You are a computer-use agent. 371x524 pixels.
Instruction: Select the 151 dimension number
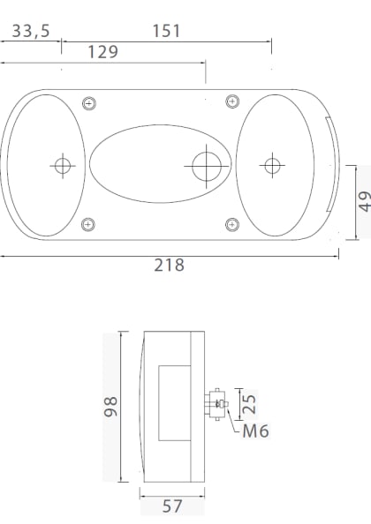[x=166, y=32]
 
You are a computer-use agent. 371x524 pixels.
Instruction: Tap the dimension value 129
[x=103, y=52]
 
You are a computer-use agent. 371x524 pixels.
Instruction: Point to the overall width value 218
[x=169, y=265]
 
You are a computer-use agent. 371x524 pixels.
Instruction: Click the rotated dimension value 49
[x=364, y=202]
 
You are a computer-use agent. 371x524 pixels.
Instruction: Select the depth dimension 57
[x=172, y=507]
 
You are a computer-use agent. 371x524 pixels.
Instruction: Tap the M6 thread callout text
[x=255, y=431]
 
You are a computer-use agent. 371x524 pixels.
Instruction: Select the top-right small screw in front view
[x=232, y=101]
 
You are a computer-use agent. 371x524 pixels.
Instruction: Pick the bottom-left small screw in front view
[x=87, y=224]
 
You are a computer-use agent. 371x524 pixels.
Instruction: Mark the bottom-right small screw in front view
[x=232, y=224]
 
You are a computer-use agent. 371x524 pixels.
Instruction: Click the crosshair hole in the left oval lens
[x=62, y=164]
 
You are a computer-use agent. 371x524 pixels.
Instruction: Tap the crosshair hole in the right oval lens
[x=271, y=164]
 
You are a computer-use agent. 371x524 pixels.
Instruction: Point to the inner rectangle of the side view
[x=172, y=403]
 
